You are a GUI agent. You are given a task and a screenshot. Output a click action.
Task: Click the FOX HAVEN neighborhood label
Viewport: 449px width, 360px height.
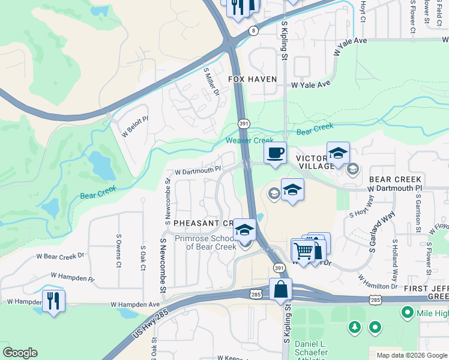[x=252, y=79]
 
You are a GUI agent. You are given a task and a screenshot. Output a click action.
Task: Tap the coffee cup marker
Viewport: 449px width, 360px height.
[x=275, y=153]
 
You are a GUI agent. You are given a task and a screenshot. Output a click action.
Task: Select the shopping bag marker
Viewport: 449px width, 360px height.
[x=280, y=290]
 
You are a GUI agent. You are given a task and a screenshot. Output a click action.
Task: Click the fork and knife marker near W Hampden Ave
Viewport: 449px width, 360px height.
[x=54, y=300]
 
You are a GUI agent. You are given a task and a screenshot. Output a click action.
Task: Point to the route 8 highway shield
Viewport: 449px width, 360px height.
[x=255, y=30]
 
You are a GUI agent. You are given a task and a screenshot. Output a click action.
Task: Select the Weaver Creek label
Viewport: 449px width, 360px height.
[x=250, y=140]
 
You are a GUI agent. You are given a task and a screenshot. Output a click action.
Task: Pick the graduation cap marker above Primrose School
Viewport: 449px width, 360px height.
[x=244, y=230]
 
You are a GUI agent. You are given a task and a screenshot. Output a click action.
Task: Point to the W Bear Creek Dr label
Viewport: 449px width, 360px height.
[x=60, y=256]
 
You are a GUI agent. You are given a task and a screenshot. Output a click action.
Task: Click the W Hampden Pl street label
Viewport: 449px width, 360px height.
[x=73, y=277]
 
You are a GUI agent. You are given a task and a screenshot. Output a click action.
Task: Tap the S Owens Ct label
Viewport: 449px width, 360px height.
[x=119, y=256]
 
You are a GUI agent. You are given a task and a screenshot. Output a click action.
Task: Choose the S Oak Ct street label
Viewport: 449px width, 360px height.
[x=143, y=256]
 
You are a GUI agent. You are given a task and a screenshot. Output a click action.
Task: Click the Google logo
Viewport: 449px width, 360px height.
[x=20, y=353]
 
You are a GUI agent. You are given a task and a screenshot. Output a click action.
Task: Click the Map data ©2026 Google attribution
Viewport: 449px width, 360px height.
[x=412, y=355]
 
